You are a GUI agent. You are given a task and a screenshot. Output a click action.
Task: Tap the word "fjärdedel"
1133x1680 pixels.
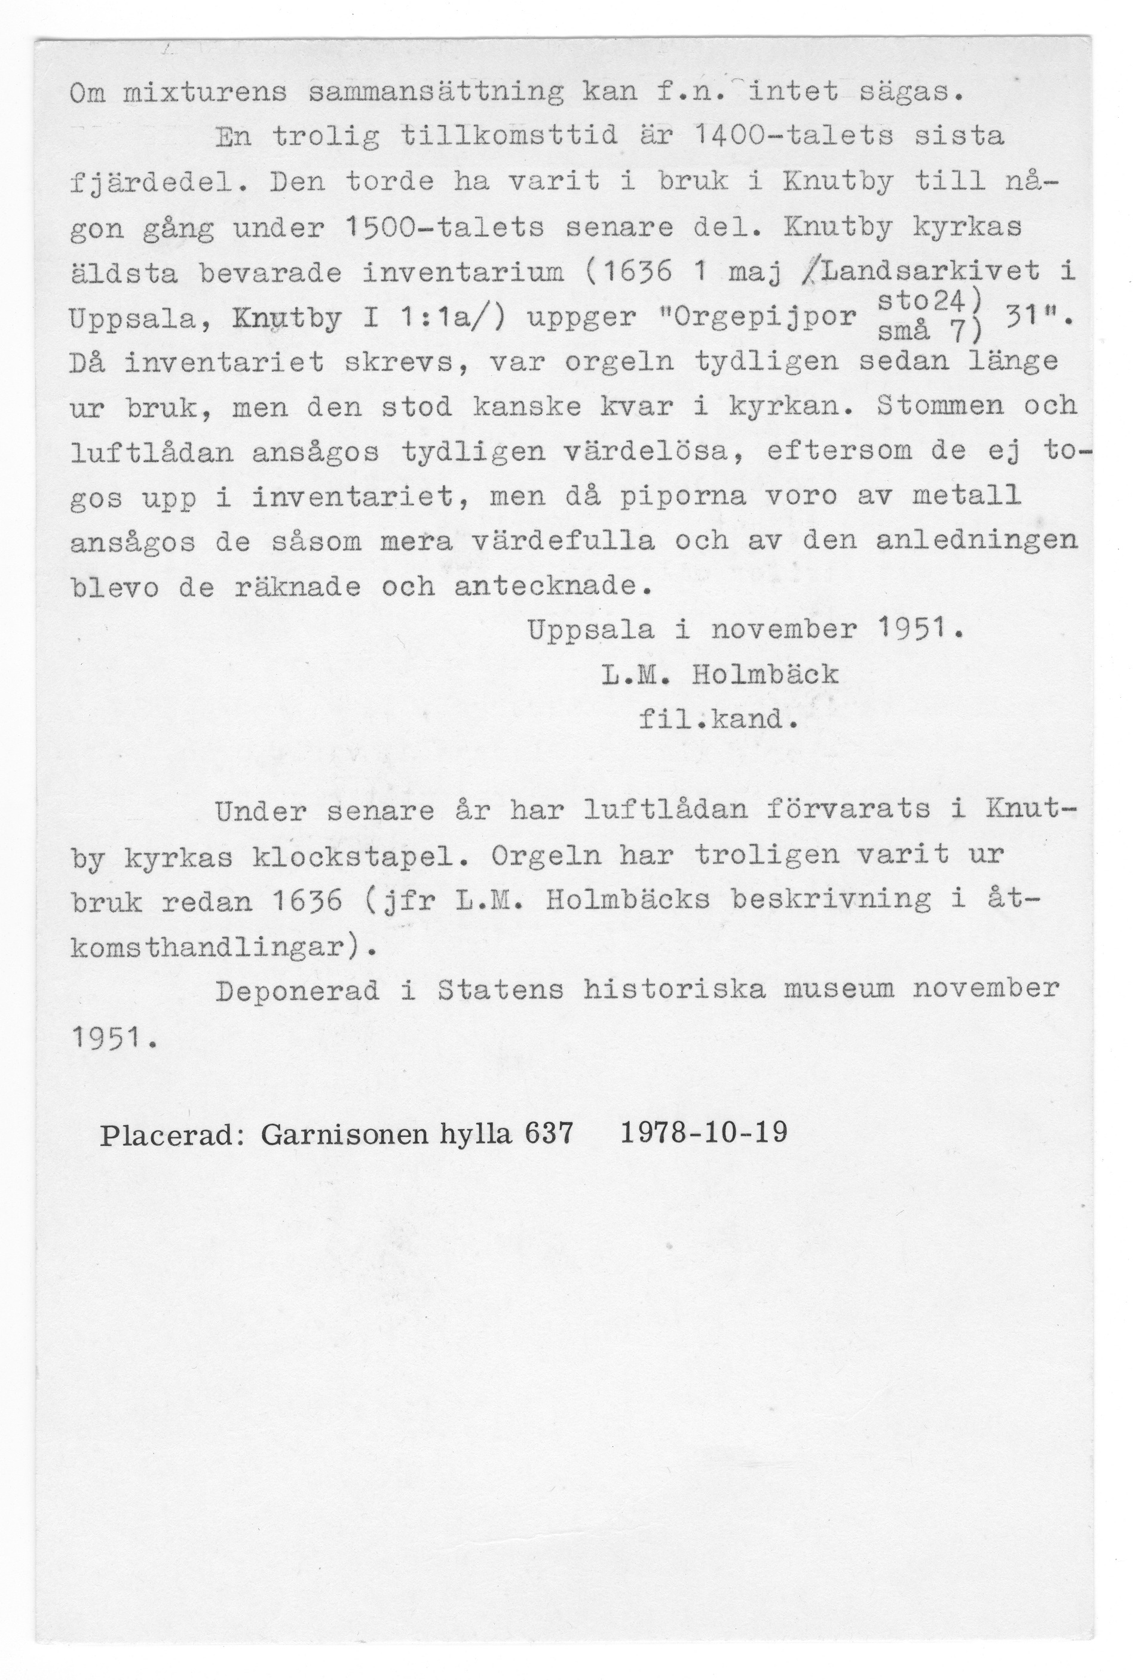[x=159, y=183]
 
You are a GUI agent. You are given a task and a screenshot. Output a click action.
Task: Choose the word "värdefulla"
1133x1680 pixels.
[x=564, y=542]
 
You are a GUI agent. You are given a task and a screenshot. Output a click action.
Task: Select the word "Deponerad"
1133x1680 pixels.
[x=297, y=990]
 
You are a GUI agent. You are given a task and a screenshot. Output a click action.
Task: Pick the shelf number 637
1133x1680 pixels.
[x=549, y=1135]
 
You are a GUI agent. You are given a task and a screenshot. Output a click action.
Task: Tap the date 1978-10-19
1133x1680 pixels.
[x=704, y=1133]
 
